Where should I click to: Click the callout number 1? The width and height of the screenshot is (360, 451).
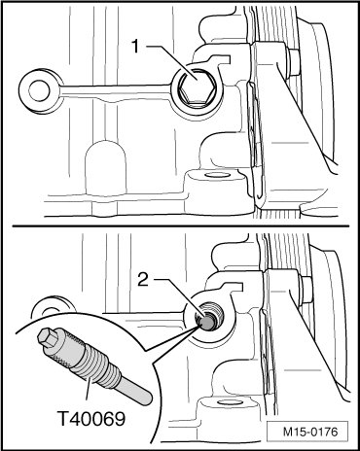pos(135,47)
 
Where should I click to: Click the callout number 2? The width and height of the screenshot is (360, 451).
pos(143,279)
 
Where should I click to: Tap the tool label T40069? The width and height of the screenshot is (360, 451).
pos(91,418)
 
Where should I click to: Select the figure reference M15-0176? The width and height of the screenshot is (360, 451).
pos(310,432)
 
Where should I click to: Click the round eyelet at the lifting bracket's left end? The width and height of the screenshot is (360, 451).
pos(40,91)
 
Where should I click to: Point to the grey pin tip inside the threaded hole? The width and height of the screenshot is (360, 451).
pos(205,322)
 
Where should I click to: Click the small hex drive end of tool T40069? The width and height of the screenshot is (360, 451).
pos(48,336)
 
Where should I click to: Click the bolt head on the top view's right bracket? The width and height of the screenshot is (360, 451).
pos(294,63)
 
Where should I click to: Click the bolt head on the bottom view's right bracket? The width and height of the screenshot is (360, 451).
pos(306,291)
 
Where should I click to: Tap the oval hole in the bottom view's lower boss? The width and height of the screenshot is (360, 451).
pos(226,402)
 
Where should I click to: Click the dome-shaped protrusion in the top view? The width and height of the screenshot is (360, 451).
pos(106,168)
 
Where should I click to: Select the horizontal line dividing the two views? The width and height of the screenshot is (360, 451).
pos(181,225)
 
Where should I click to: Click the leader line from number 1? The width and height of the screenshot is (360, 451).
pos(173,62)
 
